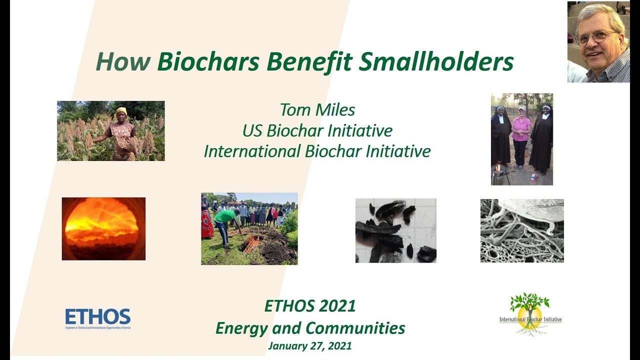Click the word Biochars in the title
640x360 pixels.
tap(209, 62)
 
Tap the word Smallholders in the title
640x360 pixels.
tap(436, 62)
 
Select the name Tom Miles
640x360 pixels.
tap(317, 110)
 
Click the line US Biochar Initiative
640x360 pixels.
tap(317, 130)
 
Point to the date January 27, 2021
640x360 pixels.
tap(310, 346)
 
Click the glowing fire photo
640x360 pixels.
tap(103, 228)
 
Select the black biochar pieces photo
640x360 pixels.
tap(395, 230)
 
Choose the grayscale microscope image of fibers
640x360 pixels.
tap(522, 230)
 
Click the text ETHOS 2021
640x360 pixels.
tap(310, 305)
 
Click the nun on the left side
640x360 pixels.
tap(500, 135)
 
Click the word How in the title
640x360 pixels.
tap(122, 62)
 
